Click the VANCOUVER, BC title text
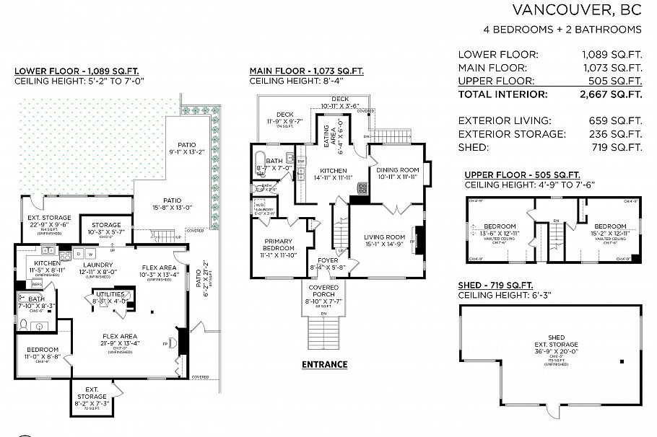tap(576, 9)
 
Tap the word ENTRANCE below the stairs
tap(324, 364)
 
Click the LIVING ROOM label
tap(384, 237)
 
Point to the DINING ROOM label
tap(398, 170)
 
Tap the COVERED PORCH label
tap(323, 288)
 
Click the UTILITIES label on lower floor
tap(110, 294)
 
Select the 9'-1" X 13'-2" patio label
tap(187, 152)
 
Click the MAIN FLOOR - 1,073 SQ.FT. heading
tap(306, 71)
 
